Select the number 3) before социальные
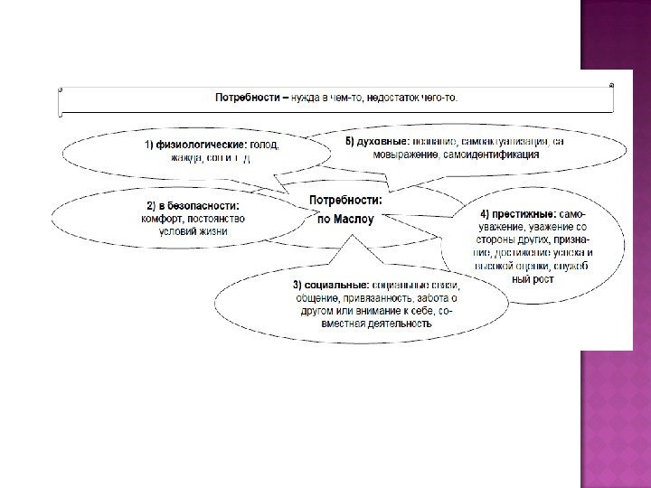click(296, 285)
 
